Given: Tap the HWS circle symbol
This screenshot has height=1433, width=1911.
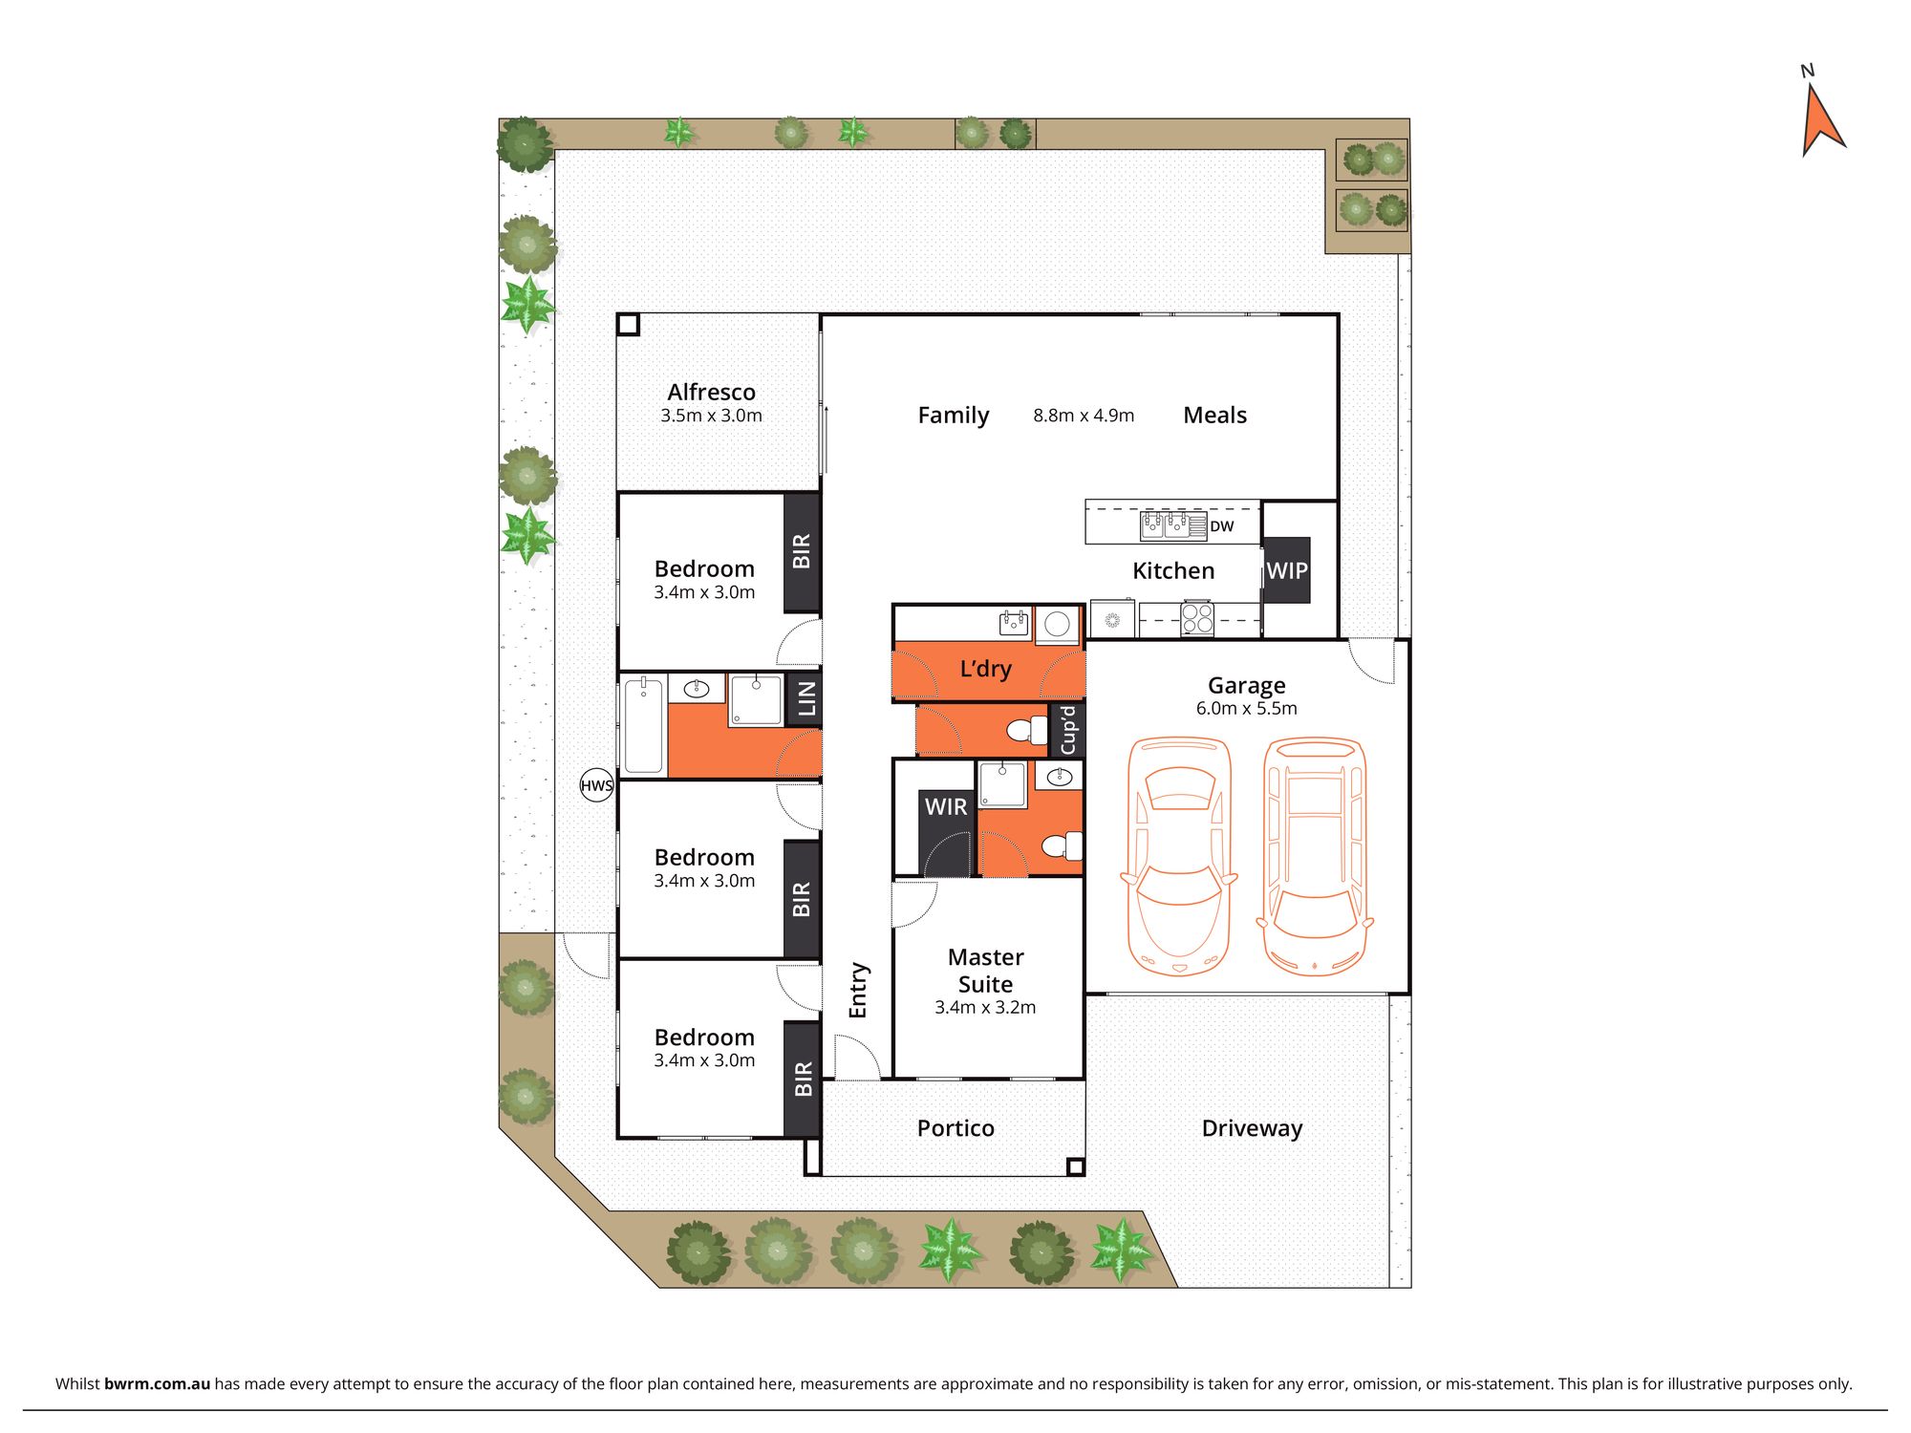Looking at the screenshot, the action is (596, 785).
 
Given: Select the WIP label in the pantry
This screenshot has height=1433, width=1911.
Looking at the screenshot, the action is (1287, 570).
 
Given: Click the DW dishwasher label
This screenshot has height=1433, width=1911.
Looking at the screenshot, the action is (1222, 526).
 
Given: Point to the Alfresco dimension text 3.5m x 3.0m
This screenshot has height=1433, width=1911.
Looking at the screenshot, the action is (711, 416).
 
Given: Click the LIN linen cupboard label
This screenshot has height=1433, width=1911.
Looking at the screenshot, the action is (805, 699).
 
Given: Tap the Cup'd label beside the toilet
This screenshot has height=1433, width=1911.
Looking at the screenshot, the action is (1068, 731).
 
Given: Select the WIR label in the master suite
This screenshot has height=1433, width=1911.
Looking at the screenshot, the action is (946, 807).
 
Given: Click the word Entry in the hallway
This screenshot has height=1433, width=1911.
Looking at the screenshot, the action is (858, 990).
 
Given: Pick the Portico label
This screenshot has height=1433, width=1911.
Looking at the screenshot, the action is (955, 1128).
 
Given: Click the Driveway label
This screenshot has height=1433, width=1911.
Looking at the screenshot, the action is (1252, 1128).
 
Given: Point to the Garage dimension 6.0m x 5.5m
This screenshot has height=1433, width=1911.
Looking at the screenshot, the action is (1246, 708).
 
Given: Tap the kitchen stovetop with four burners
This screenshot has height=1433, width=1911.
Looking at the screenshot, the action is (1197, 617).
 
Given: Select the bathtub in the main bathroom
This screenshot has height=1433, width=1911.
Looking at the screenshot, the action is (644, 725).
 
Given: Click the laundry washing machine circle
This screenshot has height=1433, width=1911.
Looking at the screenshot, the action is (1057, 625).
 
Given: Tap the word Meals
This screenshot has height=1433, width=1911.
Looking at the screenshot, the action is (1214, 416).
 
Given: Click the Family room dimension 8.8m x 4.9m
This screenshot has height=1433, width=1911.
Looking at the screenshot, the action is (1084, 416).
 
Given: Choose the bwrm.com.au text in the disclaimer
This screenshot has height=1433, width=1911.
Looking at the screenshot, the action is (157, 1383).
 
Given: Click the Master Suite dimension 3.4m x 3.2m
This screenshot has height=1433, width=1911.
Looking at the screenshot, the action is (985, 1007).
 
